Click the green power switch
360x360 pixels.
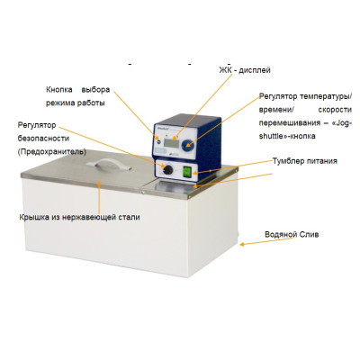[x=187, y=172]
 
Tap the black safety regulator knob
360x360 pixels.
[x=167, y=170]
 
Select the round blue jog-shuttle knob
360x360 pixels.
[x=188, y=146]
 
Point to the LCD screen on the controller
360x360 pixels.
[x=171, y=143]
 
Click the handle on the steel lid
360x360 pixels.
[x=109, y=165]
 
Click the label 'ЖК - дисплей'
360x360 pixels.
[x=245, y=70]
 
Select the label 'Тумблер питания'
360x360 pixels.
[x=305, y=161]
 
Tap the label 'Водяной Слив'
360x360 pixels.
[x=292, y=234]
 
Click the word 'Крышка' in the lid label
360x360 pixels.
[x=32, y=217]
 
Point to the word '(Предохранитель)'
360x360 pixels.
[x=52, y=152]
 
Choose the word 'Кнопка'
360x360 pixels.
[x=59, y=90]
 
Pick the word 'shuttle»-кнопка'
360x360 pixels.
[x=287, y=136]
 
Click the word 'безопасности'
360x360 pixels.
[x=43, y=139]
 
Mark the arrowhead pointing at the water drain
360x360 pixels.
[x=242, y=245]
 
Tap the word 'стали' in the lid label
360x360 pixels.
[x=130, y=217]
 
